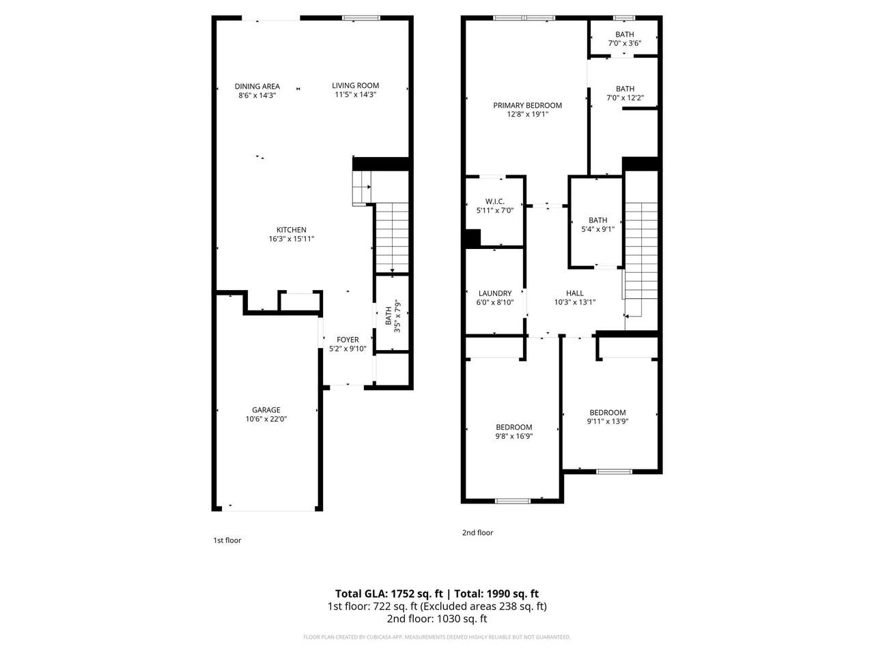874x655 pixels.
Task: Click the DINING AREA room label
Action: [x=257, y=86]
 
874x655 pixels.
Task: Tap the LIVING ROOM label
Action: [x=355, y=85]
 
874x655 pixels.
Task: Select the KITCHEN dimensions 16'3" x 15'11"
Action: [x=292, y=239]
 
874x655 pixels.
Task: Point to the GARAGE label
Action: [x=266, y=409]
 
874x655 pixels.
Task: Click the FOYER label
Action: [x=348, y=340]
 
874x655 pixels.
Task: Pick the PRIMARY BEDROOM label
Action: [x=528, y=105]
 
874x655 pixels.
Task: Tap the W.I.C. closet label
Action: [x=495, y=202]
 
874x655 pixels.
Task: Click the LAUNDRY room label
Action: [x=495, y=293]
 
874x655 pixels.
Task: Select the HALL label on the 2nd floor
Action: [x=574, y=293]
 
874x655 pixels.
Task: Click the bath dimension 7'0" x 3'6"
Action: [x=625, y=44]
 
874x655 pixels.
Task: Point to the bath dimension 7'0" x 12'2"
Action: [x=625, y=98]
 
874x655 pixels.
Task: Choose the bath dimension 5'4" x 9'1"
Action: [x=598, y=229]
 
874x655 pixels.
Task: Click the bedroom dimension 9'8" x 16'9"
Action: [x=514, y=436]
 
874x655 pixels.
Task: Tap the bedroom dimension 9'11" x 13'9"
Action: [x=608, y=421]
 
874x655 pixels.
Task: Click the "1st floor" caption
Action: [x=227, y=540]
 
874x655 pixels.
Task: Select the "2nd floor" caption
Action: [x=477, y=532]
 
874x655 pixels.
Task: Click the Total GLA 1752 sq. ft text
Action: [x=389, y=594]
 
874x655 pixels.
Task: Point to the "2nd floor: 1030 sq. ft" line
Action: [x=437, y=619]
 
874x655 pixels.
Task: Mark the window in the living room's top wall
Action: [x=361, y=18]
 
